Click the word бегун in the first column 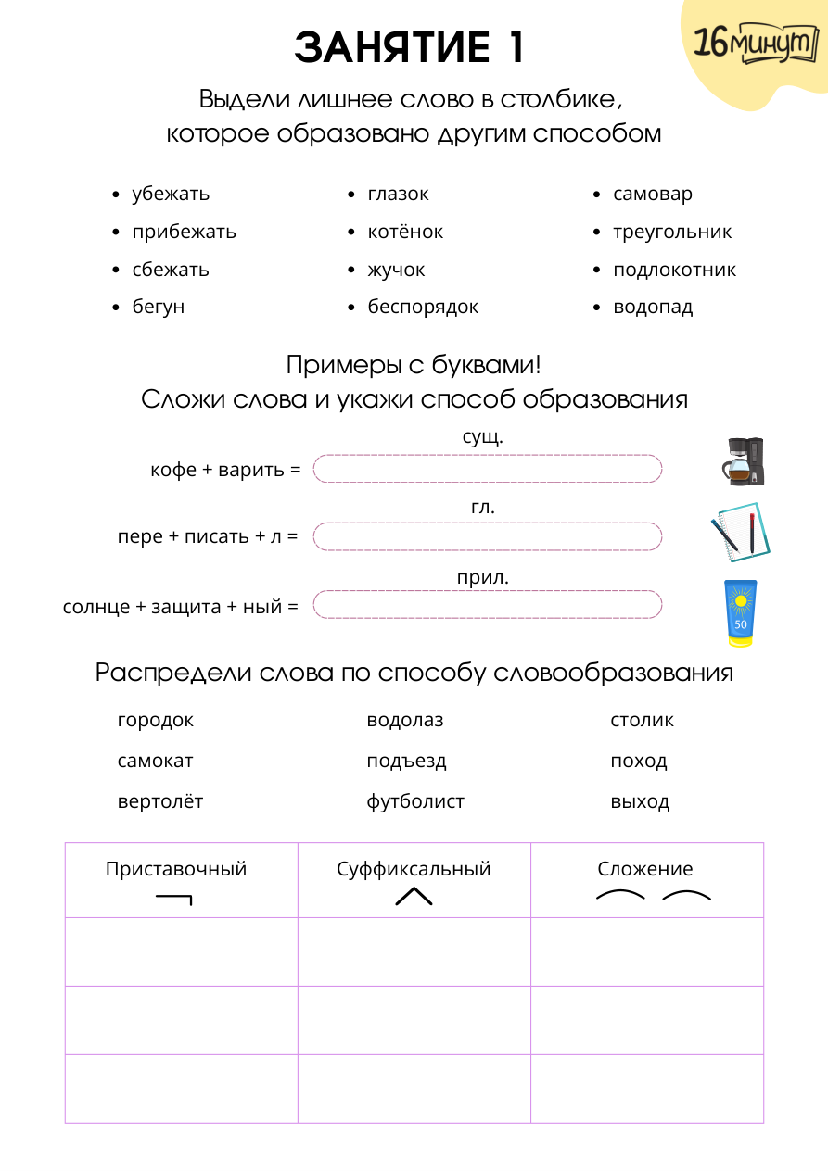pos(158,308)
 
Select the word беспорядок pos(423,308)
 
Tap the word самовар pos(653,195)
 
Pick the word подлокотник pos(674,270)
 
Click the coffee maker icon pos(744,461)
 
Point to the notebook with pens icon pos(740,532)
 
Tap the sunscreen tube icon pos(740,611)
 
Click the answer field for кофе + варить pos(488,469)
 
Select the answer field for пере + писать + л pos(488,536)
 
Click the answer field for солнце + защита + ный pos(488,606)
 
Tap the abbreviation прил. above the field pos(483,578)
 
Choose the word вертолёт pos(160,801)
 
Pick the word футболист pos(415,801)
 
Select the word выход pos(640,801)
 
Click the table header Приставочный pos(176,869)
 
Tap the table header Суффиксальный pos(414,869)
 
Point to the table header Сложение pos(645,869)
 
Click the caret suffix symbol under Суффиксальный pos(414,896)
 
